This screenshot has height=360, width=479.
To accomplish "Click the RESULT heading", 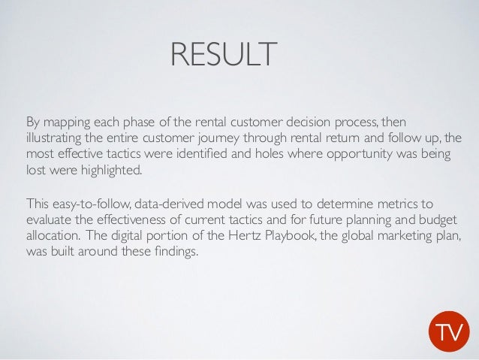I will pyautogui.click(x=223, y=55).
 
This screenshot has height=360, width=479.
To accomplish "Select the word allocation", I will pyautogui.click(x=52, y=235).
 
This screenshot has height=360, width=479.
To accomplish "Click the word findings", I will pyautogui.click(x=175, y=251).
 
